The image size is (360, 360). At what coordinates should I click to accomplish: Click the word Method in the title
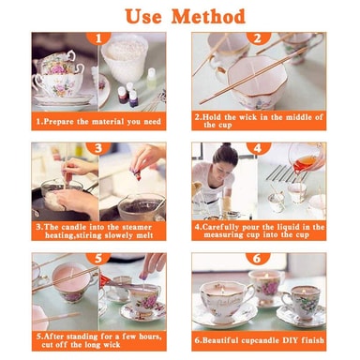208,16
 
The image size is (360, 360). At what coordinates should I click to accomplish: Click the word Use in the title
143,16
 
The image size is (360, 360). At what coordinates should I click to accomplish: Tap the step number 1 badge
98,38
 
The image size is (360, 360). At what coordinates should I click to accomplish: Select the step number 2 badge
258,38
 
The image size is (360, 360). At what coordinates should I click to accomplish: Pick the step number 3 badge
98,148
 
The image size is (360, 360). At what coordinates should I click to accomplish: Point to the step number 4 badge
258,148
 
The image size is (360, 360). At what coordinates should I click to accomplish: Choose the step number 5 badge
98,259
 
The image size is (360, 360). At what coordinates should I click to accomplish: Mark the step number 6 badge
258,259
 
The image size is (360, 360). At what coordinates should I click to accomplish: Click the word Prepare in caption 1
59,122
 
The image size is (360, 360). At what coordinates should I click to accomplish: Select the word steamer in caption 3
136,227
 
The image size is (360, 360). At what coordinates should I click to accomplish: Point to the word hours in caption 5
151,337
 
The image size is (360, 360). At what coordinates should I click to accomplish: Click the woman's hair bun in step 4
226,145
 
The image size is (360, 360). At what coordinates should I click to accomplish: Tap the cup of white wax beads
125,58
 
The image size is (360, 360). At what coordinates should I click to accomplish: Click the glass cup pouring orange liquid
305,157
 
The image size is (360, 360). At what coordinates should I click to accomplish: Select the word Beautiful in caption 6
220,340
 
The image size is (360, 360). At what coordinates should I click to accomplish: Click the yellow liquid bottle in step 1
152,79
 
